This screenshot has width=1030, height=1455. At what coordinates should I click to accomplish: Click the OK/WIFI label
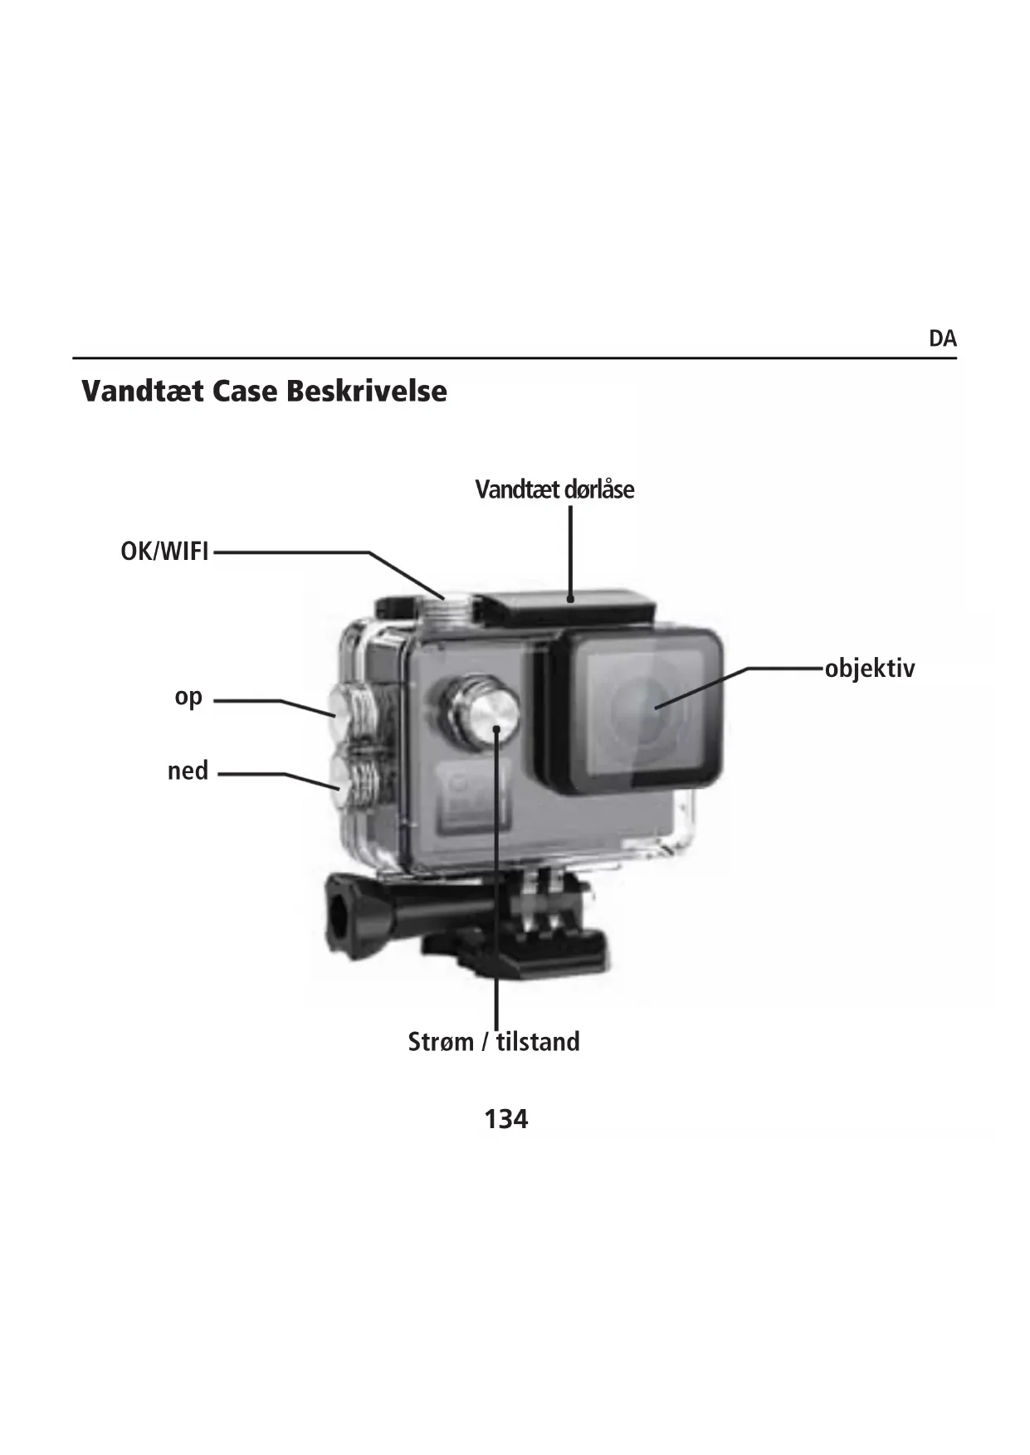[164, 552]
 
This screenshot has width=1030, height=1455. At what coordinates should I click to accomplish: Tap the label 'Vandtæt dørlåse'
[554, 489]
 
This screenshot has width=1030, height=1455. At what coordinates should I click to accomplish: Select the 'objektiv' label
[869, 669]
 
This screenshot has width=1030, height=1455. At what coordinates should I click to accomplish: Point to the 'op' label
[188, 698]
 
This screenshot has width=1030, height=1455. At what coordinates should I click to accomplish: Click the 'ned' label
[188, 771]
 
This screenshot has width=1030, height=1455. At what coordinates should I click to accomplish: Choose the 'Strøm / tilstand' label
[494, 1042]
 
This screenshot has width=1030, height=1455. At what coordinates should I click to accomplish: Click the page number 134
[505, 1120]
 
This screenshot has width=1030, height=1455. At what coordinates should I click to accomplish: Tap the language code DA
[942, 338]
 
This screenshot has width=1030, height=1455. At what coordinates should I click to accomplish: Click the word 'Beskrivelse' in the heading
[367, 391]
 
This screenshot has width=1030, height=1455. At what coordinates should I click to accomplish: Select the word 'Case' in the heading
[245, 391]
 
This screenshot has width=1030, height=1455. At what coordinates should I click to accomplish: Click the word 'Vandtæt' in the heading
[142, 391]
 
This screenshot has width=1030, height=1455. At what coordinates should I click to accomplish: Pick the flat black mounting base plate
[531, 954]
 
